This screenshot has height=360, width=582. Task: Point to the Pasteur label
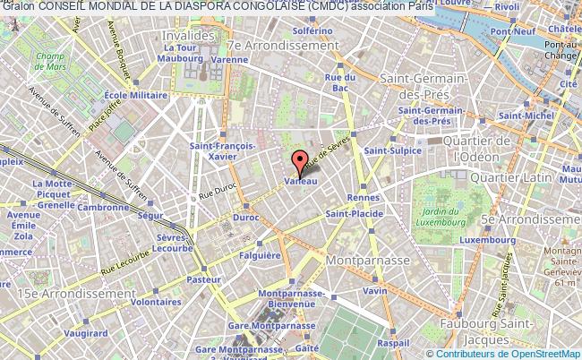coord(204,279)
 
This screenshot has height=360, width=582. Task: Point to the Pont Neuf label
coord(518,31)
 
